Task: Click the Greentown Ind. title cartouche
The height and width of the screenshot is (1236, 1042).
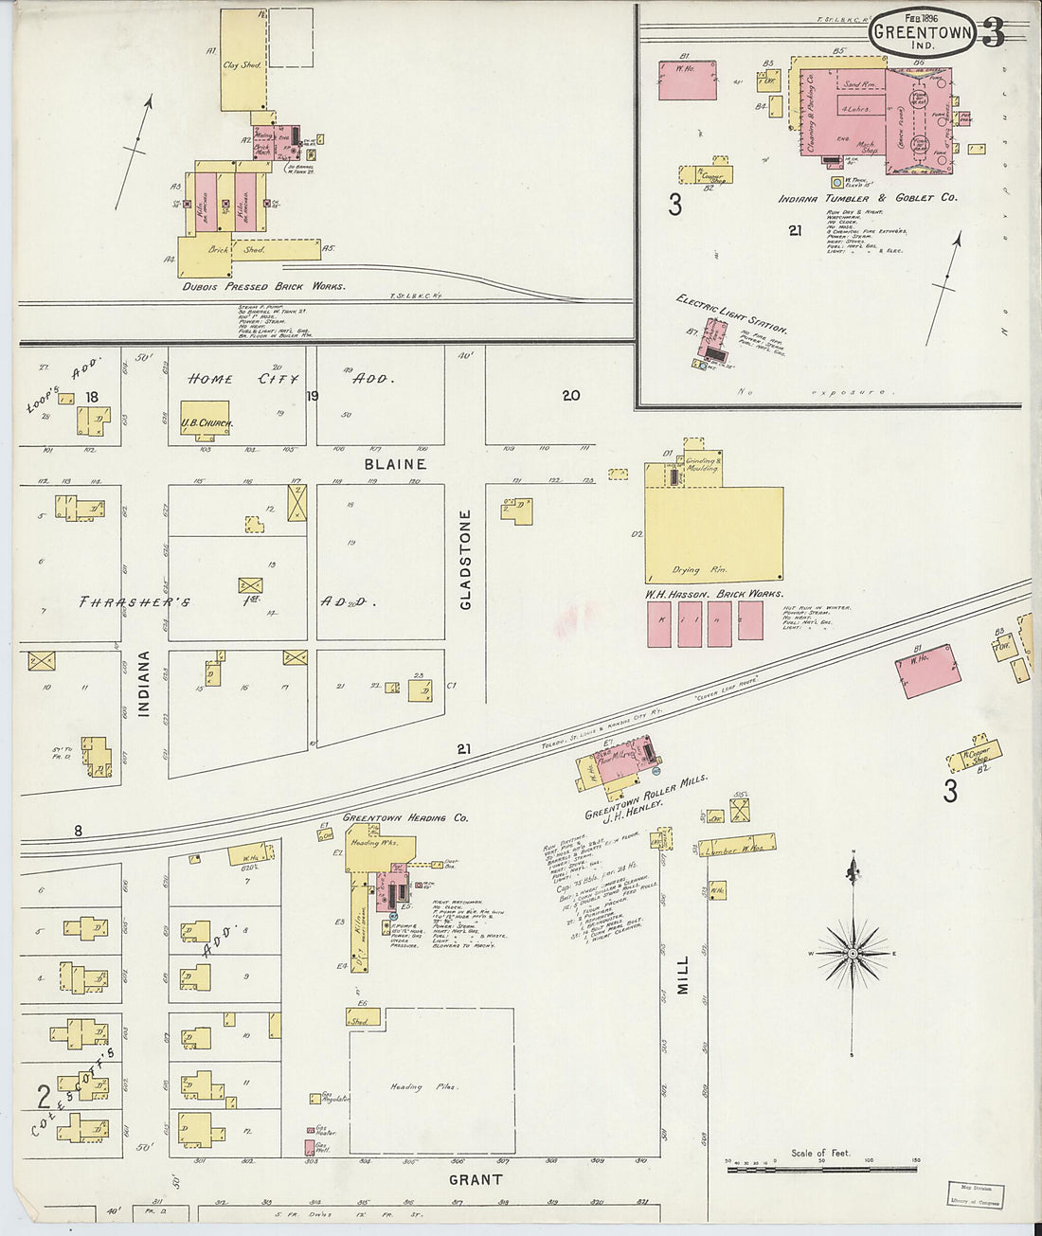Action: click(x=922, y=32)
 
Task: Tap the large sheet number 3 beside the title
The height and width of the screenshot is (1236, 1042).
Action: click(x=993, y=33)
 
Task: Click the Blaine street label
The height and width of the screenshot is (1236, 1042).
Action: click(x=395, y=464)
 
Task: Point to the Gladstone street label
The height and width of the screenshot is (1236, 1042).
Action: click(x=465, y=560)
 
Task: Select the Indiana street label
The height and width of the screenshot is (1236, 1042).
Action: click(x=144, y=683)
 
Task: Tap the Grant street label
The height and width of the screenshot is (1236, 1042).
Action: click(x=475, y=1179)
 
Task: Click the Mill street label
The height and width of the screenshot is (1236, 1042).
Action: click(x=683, y=974)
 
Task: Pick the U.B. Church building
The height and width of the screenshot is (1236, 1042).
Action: click(x=205, y=421)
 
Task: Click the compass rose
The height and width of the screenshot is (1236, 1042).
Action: click(x=853, y=953)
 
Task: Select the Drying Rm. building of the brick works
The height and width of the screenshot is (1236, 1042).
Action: click(x=712, y=535)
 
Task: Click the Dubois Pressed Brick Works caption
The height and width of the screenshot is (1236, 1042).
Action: click(x=264, y=286)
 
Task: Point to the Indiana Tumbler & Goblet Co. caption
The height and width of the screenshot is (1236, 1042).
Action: click(x=867, y=198)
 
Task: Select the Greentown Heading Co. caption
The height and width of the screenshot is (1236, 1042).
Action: click(x=404, y=817)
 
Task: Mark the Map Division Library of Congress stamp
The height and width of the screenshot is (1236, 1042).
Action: click(x=976, y=1194)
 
